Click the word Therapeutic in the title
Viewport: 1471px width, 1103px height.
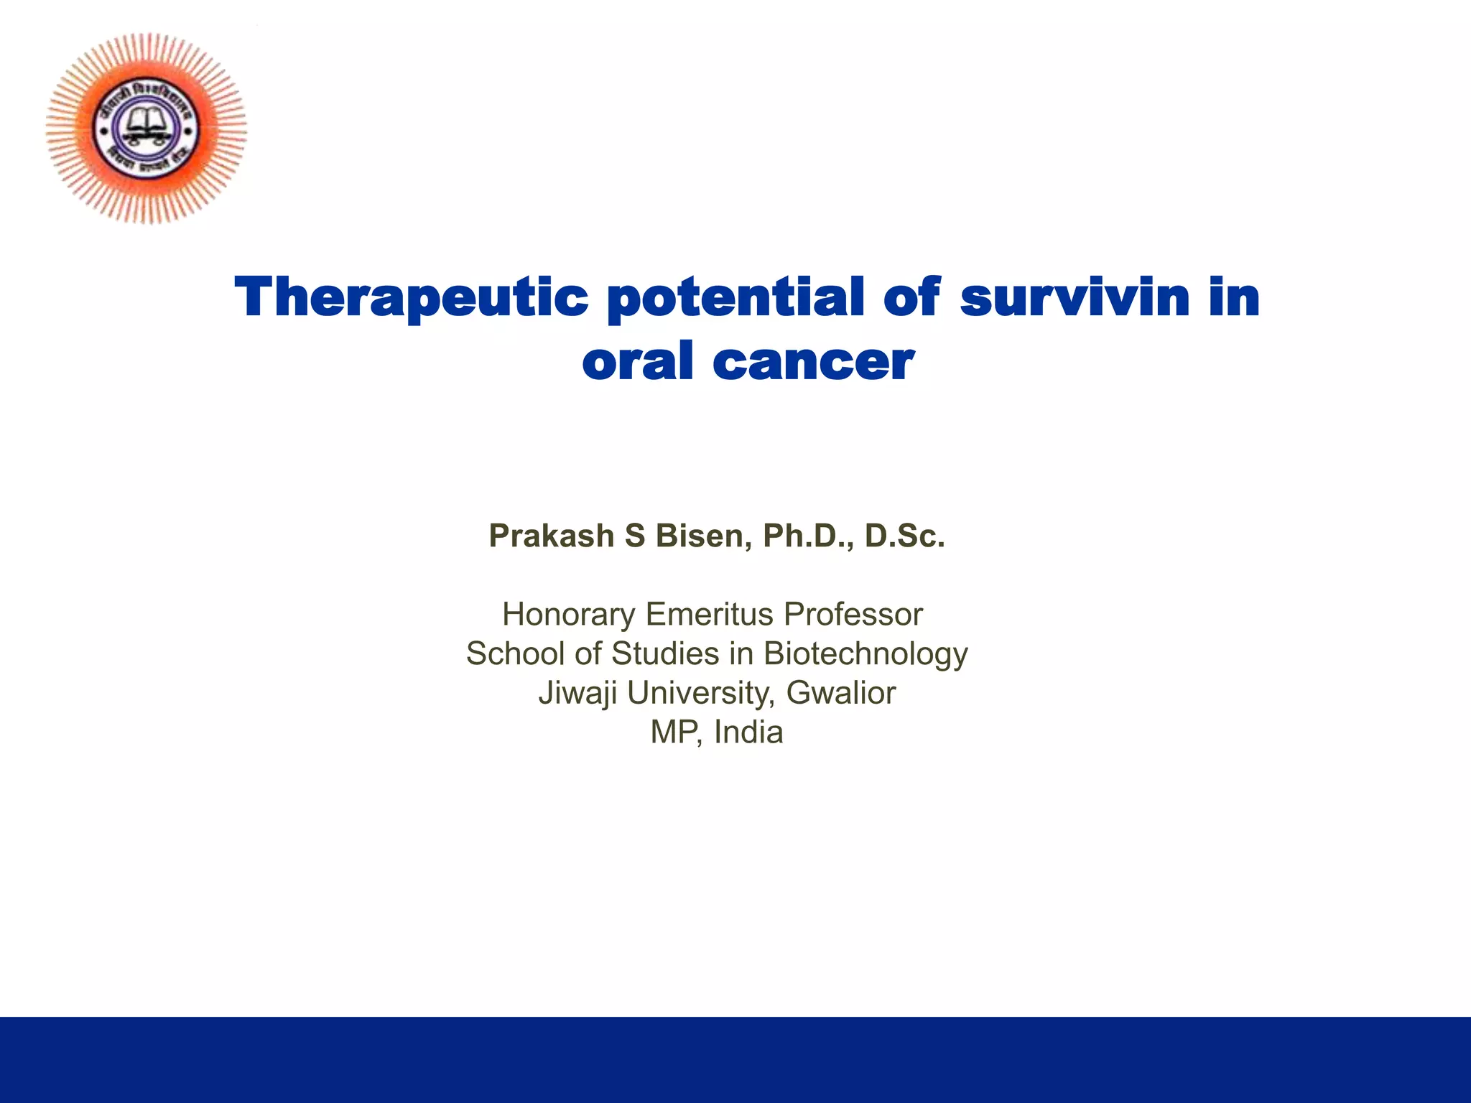click(412, 298)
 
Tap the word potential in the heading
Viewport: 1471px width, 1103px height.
click(735, 298)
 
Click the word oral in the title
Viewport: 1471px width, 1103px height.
click(638, 361)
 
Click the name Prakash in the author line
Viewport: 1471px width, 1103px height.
click(551, 536)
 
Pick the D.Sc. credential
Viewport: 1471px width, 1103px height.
click(904, 536)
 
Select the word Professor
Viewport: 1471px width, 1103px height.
click(853, 614)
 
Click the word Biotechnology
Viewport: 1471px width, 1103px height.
click(865, 654)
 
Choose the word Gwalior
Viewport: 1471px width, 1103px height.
click(840, 693)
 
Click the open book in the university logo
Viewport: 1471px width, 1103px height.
click(146, 124)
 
